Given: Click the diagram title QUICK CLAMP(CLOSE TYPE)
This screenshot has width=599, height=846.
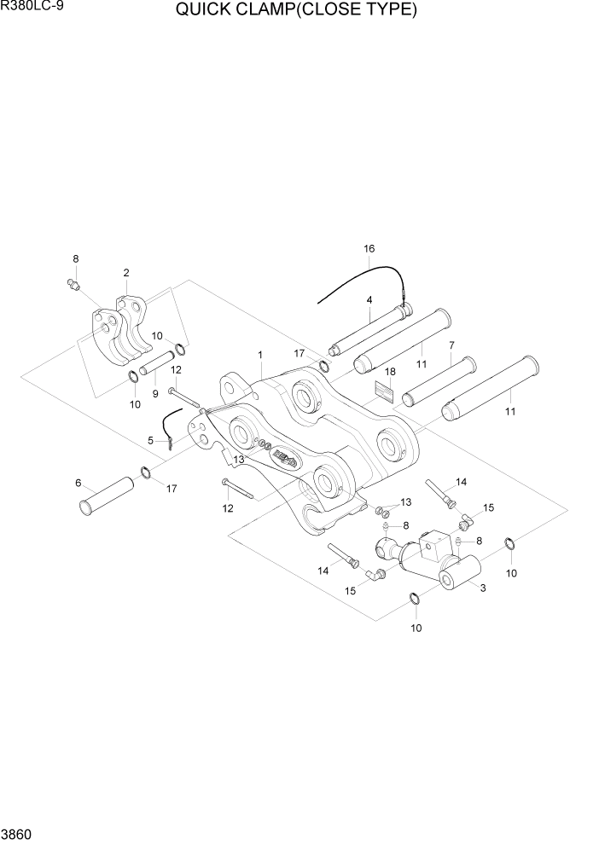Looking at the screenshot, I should (x=296, y=11).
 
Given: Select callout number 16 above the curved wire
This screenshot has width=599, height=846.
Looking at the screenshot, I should (x=369, y=249).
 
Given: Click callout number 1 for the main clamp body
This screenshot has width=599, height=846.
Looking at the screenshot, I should (x=260, y=354).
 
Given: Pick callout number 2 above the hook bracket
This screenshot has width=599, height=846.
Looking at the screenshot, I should (x=126, y=273).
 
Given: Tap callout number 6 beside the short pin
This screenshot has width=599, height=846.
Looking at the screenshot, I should (x=79, y=483).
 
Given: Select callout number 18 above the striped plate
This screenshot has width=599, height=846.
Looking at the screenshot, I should (x=390, y=373).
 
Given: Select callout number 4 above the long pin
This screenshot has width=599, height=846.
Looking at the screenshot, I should (x=369, y=300).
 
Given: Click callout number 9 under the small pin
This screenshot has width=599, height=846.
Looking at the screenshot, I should (x=154, y=393).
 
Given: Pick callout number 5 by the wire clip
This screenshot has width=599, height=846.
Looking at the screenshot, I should (x=151, y=441).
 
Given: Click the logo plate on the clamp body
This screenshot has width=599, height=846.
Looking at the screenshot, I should (x=285, y=461).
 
